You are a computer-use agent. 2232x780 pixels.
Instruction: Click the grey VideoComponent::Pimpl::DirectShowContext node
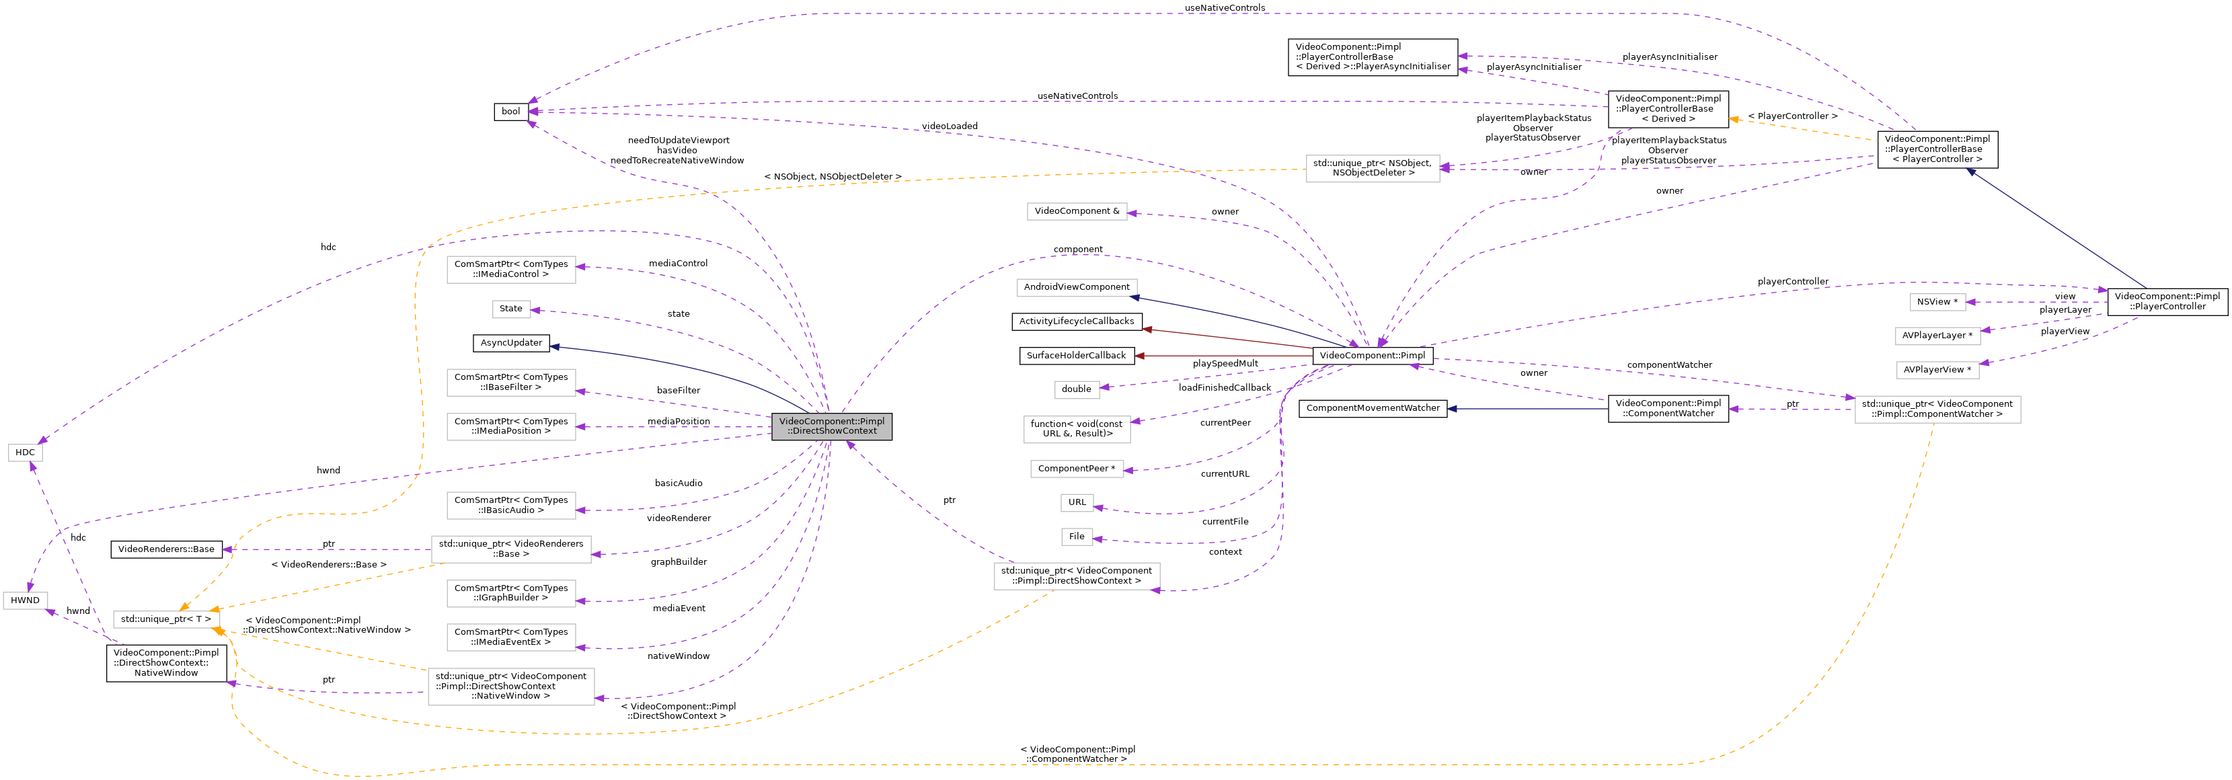click(831, 426)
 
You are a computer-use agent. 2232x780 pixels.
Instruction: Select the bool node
click(511, 112)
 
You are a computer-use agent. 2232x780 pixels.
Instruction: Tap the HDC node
click(25, 453)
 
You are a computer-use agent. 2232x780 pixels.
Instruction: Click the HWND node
click(25, 600)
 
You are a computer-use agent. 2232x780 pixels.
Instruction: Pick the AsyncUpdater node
click(511, 343)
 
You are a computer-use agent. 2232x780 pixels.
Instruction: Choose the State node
click(511, 309)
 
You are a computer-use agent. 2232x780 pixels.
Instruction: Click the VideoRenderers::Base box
click(166, 549)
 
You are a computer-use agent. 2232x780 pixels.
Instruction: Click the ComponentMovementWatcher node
click(1373, 408)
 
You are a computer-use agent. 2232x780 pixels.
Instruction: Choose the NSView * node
click(1937, 303)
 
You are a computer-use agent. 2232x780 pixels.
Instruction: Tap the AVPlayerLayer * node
click(1937, 336)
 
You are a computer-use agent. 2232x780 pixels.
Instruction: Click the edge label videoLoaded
click(950, 126)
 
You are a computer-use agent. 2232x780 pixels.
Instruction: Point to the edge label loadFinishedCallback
click(1225, 388)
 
